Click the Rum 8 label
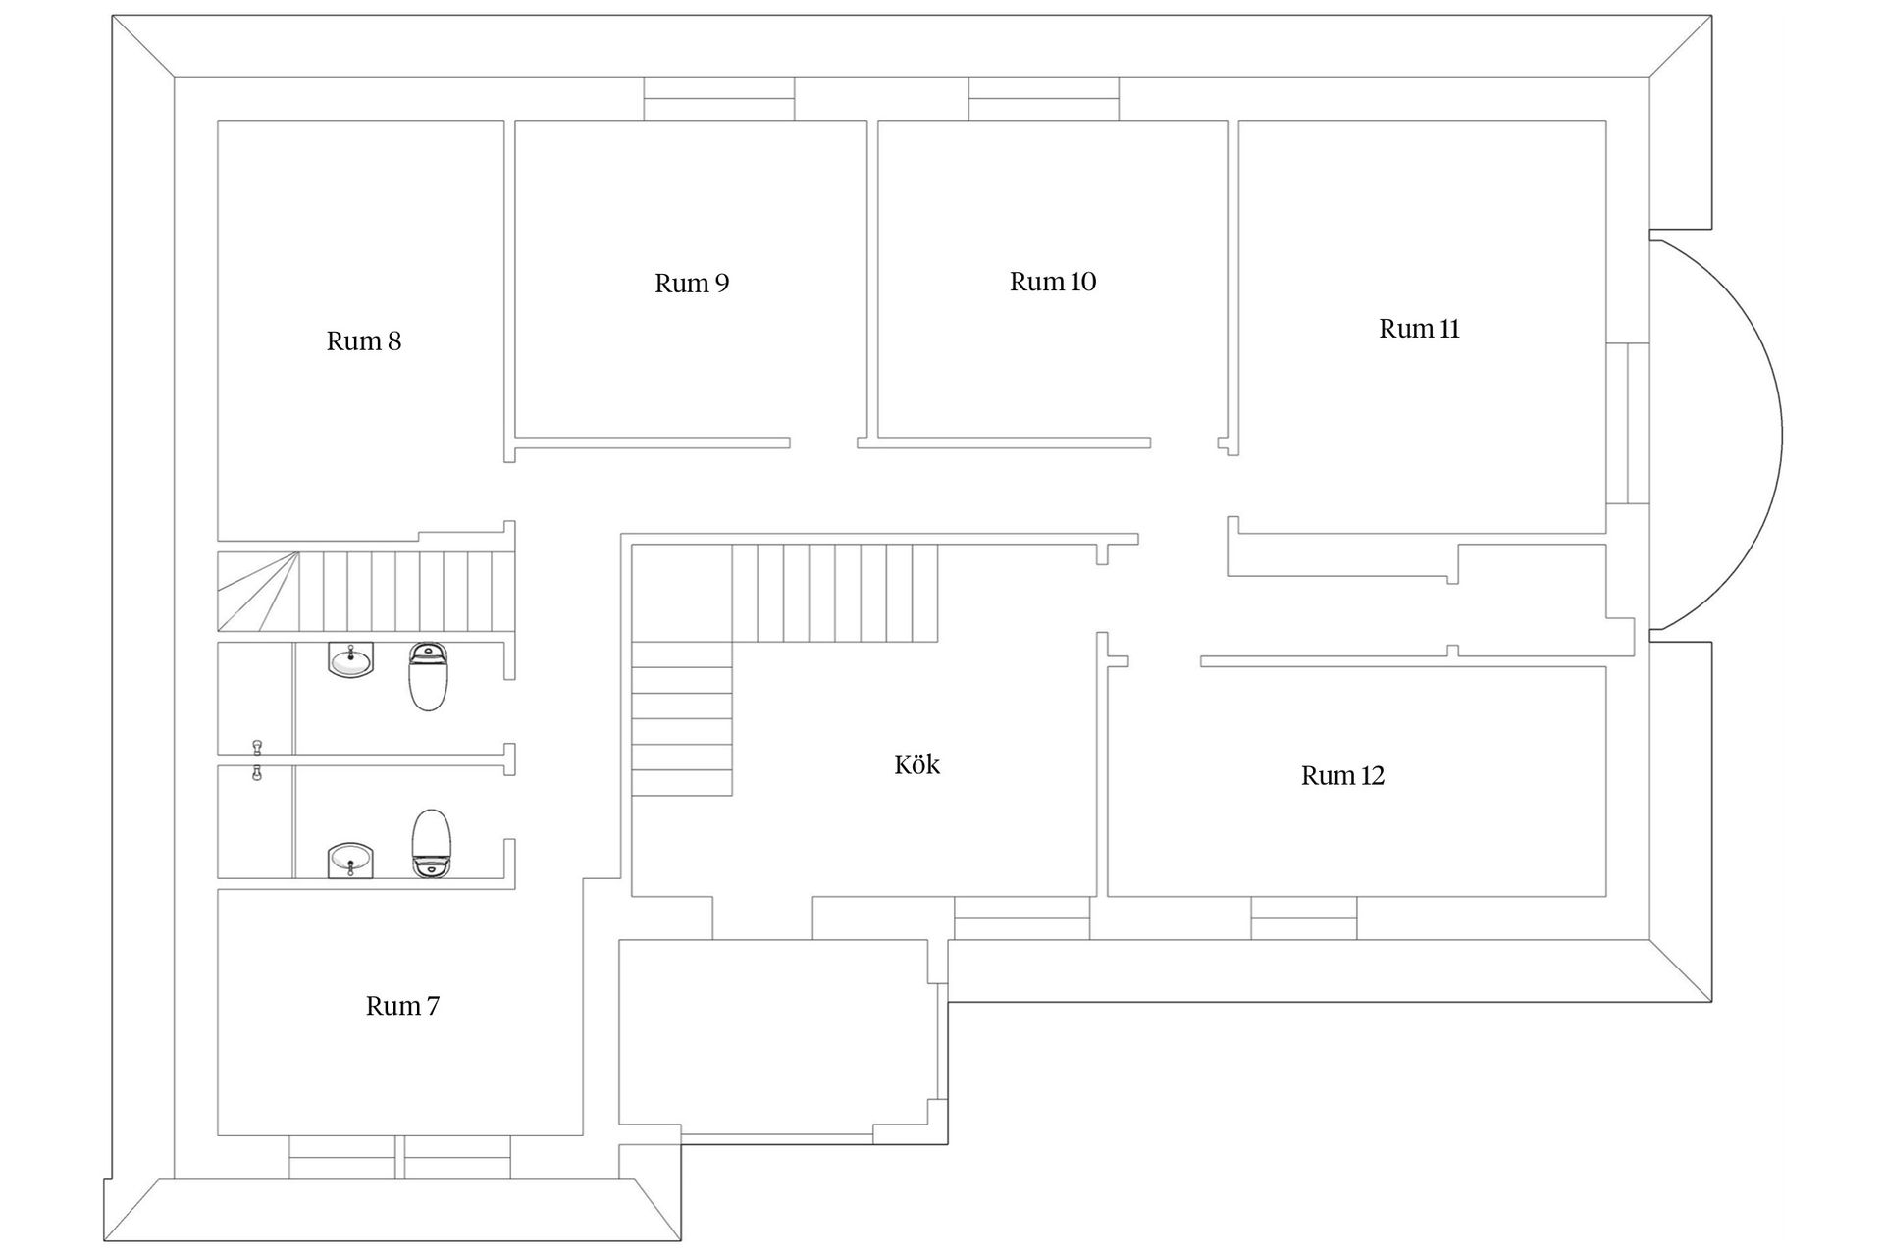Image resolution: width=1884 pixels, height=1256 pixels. tap(364, 341)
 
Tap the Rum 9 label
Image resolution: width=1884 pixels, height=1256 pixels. tap(692, 284)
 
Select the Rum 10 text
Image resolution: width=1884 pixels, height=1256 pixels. tap(1053, 282)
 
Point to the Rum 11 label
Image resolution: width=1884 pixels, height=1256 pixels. tap(1419, 329)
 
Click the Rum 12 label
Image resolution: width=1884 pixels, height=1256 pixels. tap(1342, 776)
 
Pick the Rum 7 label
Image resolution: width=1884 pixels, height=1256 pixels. tap(402, 1006)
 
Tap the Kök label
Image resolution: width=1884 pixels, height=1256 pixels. tap(917, 764)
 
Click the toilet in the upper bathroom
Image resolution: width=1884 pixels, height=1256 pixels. tap(428, 676)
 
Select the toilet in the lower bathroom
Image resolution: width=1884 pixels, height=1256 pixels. tap(430, 844)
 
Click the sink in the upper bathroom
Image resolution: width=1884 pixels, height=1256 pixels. tap(350, 659)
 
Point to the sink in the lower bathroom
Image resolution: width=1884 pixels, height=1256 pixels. tap(350, 861)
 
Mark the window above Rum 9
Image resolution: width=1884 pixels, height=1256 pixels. tap(719, 98)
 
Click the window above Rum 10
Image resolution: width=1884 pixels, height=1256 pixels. tap(1044, 98)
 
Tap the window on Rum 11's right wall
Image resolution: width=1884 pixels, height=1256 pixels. tap(1627, 424)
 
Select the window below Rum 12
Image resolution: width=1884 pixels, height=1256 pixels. tap(1304, 917)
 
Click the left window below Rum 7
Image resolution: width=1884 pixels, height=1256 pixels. tap(342, 1157)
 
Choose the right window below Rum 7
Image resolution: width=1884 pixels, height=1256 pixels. tap(457, 1157)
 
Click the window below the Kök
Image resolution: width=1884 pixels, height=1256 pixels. tap(1022, 917)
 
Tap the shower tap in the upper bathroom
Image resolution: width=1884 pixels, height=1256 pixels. tap(257, 748)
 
